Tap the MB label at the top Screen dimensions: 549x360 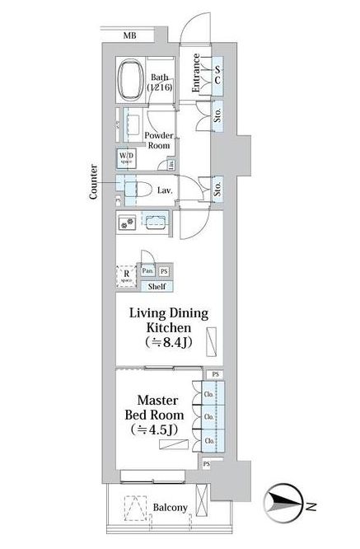point(130,35)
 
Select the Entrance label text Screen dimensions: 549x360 point(197,73)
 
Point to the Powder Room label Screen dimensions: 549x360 point(157,139)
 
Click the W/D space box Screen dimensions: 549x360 point(126,157)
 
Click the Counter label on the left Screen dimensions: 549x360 point(95,181)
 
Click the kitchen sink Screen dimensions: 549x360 point(155,221)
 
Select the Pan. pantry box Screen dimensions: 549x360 point(147,270)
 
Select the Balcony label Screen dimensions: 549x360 point(168,508)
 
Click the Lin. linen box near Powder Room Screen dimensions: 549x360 point(171,164)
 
